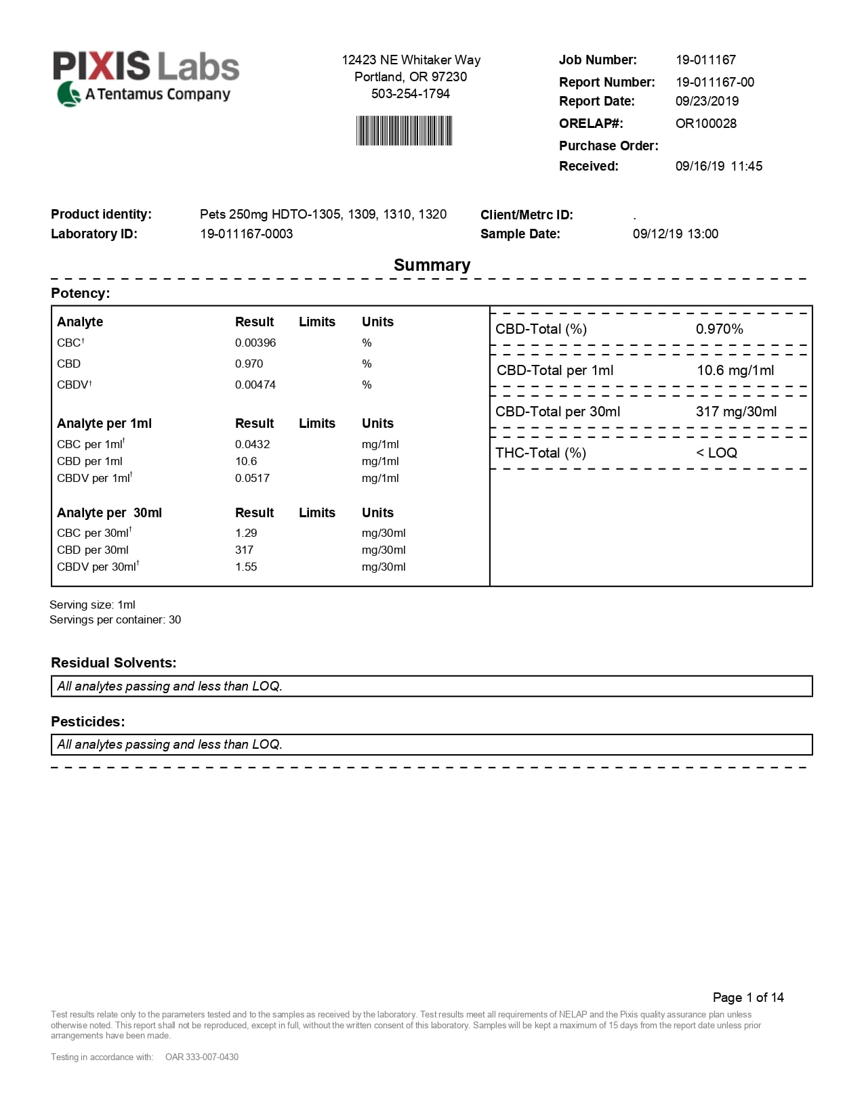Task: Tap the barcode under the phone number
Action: pos(404,131)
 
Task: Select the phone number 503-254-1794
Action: pos(410,94)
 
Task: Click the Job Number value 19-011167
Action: pos(705,60)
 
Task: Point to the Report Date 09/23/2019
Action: pos(707,102)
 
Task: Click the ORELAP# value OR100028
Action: pos(705,124)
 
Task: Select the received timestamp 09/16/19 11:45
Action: pos(718,167)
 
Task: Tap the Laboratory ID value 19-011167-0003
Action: pos(246,234)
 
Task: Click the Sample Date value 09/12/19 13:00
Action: pos(675,234)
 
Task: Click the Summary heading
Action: pos(432,265)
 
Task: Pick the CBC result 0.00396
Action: pos(255,343)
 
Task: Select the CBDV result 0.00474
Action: pos(255,385)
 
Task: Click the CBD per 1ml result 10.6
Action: pos(246,462)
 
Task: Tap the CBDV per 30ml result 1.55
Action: pos(246,567)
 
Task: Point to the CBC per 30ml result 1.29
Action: pos(246,533)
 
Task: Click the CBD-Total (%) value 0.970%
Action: pos(719,330)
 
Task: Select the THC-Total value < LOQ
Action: pos(716,454)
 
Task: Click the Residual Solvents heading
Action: pos(113,663)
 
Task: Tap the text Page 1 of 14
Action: pos(747,998)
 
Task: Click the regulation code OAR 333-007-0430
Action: pos(201,1057)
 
